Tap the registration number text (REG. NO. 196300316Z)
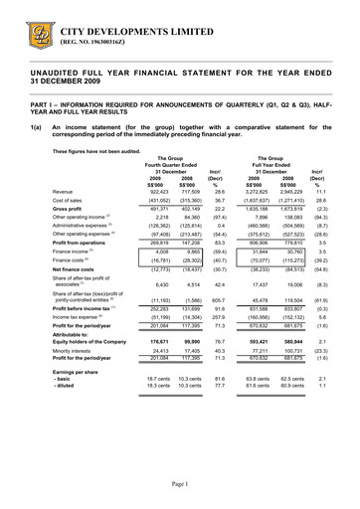pyautogui.click(x=97, y=40)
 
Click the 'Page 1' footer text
pyautogui.click(x=180, y=483)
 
